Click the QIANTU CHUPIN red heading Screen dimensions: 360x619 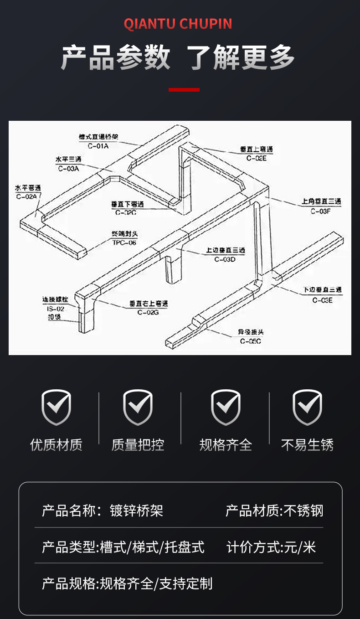click(178, 24)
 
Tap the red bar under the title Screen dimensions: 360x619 click(184, 90)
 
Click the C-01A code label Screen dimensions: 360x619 click(98, 146)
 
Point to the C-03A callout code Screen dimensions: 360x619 click(69, 168)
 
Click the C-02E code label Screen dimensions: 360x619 click(256, 158)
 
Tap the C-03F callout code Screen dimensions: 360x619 click(321, 211)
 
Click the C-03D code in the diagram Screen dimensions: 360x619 click(225, 259)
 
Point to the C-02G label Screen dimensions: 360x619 click(148, 312)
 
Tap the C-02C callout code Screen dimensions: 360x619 click(126, 212)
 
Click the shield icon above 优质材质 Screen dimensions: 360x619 click(57, 407)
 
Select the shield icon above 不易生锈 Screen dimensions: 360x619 click(307, 407)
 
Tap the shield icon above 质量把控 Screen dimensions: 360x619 click(138, 407)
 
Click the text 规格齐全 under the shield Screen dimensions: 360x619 click(226, 444)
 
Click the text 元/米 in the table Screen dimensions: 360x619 click(300, 547)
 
